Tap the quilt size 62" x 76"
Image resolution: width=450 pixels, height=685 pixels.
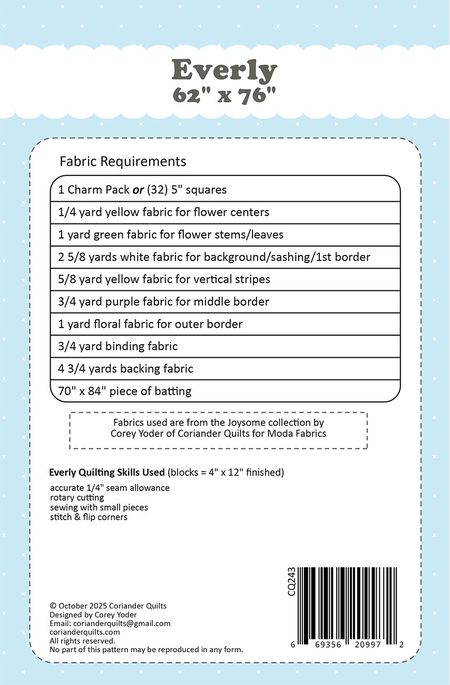click(x=224, y=95)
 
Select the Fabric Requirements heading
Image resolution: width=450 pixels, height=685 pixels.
click(x=123, y=161)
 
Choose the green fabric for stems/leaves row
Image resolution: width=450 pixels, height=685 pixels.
click(x=171, y=234)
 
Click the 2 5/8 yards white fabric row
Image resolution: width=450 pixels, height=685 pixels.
click(x=214, y=257)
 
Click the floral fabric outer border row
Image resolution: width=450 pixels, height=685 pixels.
click(x=151, y=324)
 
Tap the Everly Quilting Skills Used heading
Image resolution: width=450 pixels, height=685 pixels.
click(x=107, y=472)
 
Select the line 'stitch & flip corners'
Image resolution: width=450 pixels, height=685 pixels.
click(x=89, y=517)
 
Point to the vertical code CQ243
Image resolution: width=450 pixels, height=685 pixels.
click(x=291, y=582)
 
